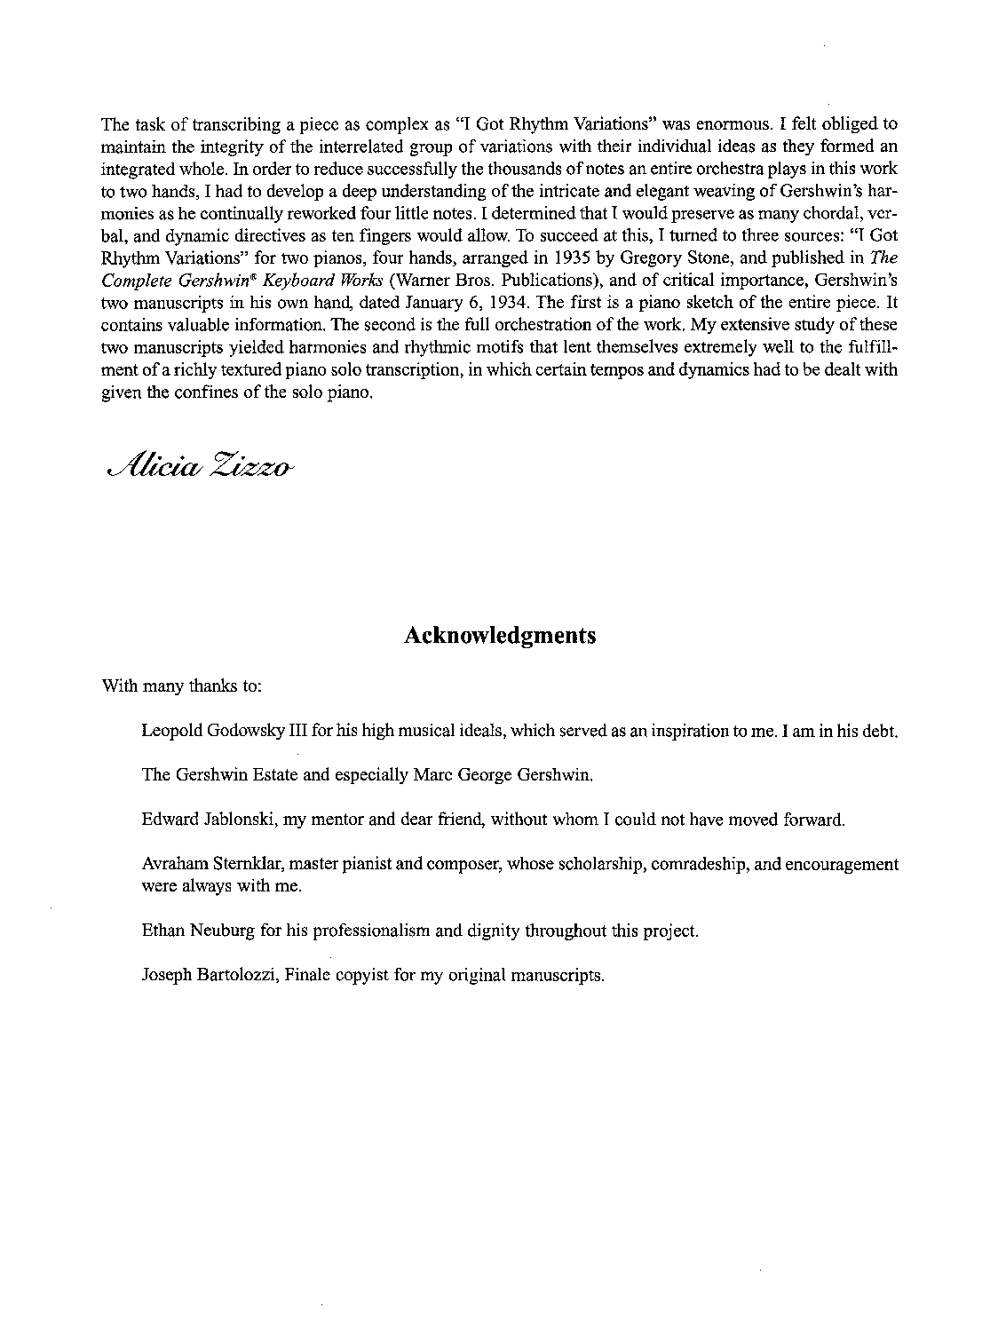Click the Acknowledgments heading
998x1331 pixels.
pos(499,636)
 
